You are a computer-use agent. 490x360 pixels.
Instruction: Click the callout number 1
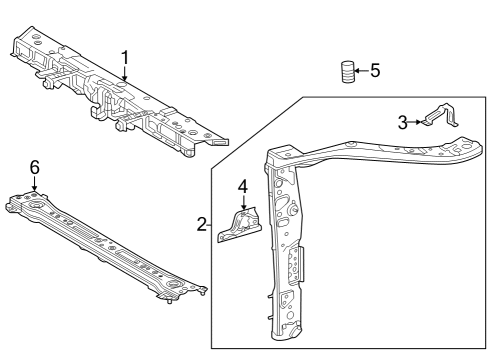point(125,57)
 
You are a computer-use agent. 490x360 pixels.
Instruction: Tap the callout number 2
point(201,224)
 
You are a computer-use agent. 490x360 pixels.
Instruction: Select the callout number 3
point(403,122)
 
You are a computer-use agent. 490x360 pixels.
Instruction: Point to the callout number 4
point(242,186)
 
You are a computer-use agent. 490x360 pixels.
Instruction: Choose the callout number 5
point(375,71)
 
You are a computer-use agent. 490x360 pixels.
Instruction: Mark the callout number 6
point(34,166)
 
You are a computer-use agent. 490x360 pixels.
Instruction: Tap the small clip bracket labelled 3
point(438,117)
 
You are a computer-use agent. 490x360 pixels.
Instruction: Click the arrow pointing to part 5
point(362,72)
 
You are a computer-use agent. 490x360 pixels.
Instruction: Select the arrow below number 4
point(242,202)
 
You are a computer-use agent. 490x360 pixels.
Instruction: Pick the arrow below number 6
point(34,181)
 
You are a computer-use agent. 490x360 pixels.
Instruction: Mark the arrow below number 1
point(125,72)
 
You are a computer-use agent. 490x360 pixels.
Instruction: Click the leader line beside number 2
point(210,224)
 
